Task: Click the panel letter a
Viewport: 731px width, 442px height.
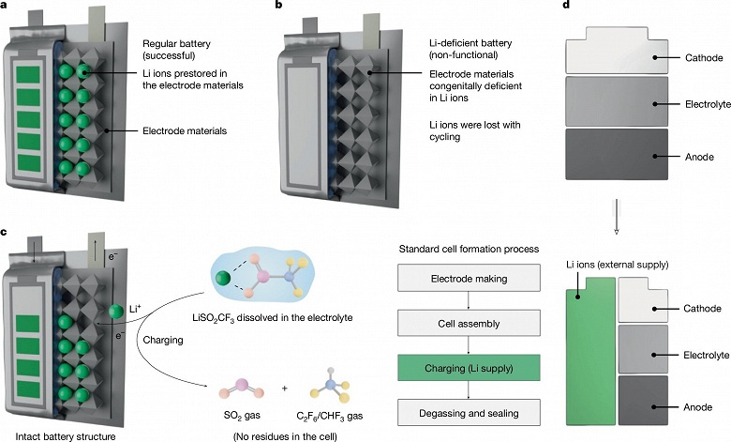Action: click(7, 6)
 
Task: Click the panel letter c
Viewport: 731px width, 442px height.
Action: click(7, 232)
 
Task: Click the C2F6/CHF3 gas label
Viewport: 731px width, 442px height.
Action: click(330, 413)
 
